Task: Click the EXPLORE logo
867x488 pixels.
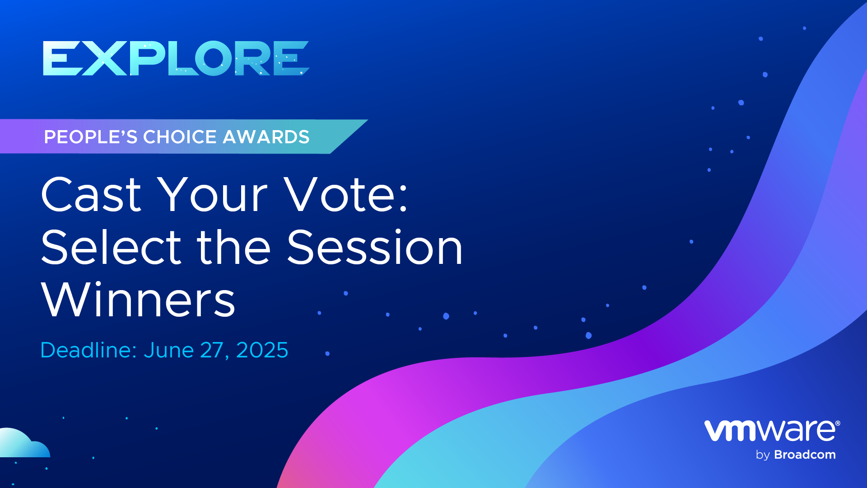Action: [176, 58]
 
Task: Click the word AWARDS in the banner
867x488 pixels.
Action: [266, 137]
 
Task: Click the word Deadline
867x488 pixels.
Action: [89, 350]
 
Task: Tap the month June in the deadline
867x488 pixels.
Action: [169, 350]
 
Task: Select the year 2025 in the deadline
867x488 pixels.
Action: [262, 350]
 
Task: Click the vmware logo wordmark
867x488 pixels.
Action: [769, 431]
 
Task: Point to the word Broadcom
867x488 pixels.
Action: [805, 455]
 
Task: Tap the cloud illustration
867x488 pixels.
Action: [23, 443]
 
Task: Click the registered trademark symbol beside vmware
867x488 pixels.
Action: [838, 423]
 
